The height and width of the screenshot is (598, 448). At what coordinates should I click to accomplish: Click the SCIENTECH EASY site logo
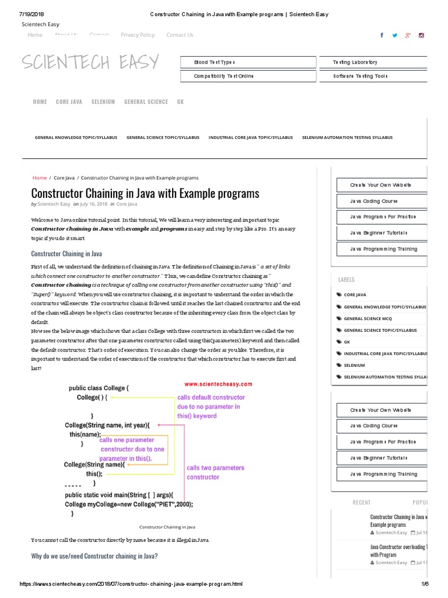click(90, 62)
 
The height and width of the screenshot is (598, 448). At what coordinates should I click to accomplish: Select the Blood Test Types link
click(214, 62)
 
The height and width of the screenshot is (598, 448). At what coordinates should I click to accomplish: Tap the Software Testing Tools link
click(360, 76)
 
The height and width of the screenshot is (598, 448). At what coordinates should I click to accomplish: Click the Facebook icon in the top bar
click(382, 35)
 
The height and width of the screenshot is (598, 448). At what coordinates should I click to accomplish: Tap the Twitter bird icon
click(395, 35)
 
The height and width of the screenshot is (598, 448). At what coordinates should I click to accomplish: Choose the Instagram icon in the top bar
click(421, 35)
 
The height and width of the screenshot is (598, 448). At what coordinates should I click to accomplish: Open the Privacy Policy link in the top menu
click(138, 35)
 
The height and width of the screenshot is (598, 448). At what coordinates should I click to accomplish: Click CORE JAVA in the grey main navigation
click(69, 102)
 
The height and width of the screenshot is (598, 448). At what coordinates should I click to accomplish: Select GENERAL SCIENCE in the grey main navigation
click(146, 102)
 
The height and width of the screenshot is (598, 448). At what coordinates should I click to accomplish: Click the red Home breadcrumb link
click(40, 178)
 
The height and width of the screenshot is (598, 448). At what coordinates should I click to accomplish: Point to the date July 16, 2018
click(93, 204)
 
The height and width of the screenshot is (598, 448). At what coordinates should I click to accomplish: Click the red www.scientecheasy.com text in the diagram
click(218, 384)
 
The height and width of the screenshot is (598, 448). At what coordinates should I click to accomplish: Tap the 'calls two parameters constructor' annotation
click(215, 472)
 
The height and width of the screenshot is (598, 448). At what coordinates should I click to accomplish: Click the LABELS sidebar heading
click(346, 280)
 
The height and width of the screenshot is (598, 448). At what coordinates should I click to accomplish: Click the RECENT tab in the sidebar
click(362, 502)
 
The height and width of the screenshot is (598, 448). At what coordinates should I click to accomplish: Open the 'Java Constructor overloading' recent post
click(398, 551)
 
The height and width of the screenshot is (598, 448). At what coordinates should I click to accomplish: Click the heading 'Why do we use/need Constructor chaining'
click(94, 556)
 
